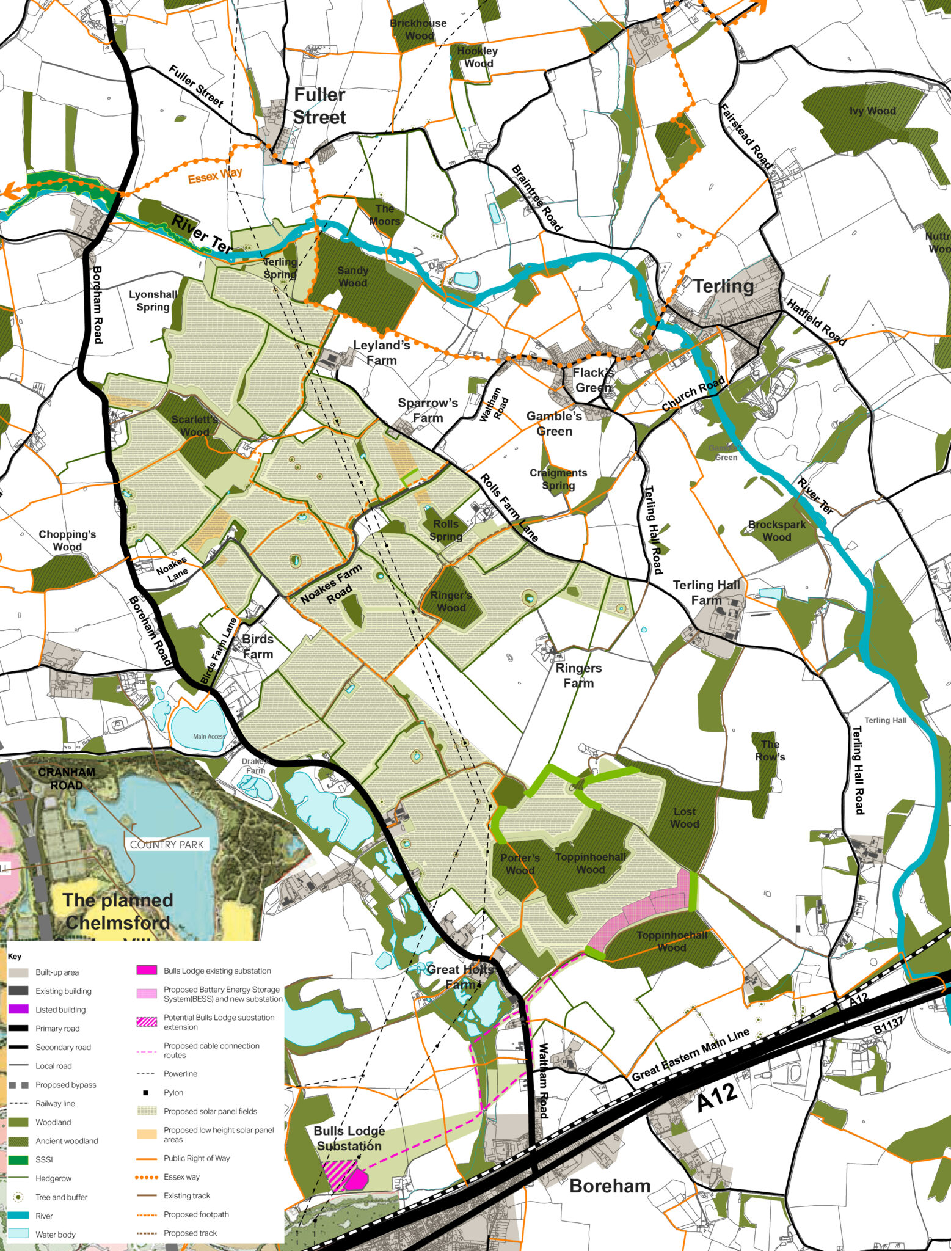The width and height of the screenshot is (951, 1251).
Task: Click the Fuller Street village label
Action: [x=319, y=106]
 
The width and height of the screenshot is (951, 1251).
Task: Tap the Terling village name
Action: [x=723, y=286]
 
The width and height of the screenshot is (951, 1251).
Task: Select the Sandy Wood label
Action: [x=352, y=276]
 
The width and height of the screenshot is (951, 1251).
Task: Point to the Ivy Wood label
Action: [x=872, y=111]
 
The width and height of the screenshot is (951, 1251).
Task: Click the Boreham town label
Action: [x=610, y=1186]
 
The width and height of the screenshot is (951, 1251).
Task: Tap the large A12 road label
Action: [x=718, y=1101]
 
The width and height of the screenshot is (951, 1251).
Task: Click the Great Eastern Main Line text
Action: [x=690, y=1055]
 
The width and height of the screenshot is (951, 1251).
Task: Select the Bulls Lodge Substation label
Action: [x=349, y=1139]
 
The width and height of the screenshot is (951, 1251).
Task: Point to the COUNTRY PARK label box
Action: [x=166, y=845]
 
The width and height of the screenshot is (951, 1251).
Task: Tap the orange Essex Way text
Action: [x=215, y=176]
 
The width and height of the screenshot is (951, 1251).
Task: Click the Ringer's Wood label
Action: [x=451, y=602]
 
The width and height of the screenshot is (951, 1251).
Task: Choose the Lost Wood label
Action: [x=684, y=817]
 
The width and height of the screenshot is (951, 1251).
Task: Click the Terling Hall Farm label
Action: [x=706, y=593]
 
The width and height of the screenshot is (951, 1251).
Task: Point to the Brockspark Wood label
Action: [x=776, y=531]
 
